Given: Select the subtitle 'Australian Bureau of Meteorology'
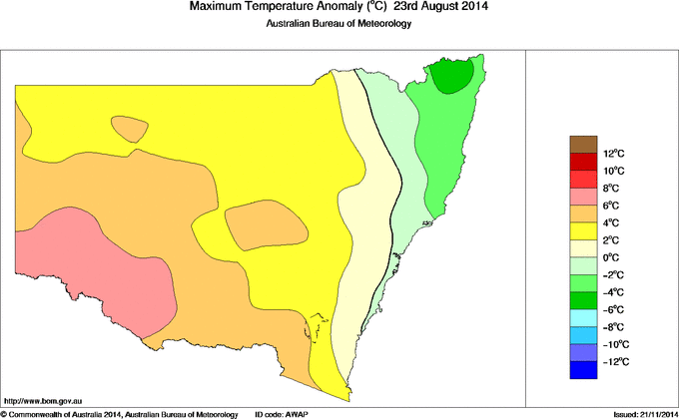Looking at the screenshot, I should (339, 24).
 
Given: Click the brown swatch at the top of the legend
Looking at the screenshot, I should (583, 144).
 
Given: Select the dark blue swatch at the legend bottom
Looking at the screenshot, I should (583, 372).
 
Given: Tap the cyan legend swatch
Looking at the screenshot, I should (583, 318).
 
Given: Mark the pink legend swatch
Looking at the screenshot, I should (583, 196).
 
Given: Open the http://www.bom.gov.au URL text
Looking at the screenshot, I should (42, 398).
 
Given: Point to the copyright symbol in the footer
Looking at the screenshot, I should (4, 413).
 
